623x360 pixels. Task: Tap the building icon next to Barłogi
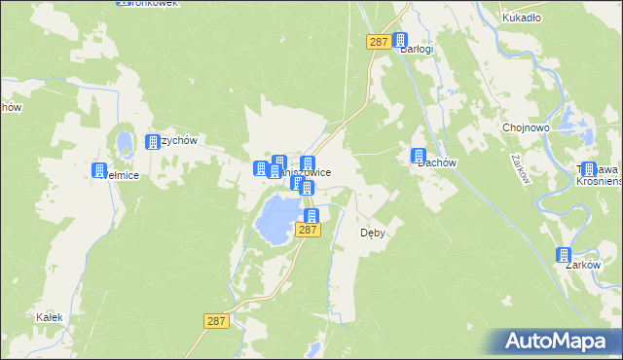tap(399, 41)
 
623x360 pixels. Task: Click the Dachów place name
tap(438, 162)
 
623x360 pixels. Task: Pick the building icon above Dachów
tap(419, 155)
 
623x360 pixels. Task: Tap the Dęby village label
tap(375, 233)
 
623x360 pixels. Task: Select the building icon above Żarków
tap(564, 255)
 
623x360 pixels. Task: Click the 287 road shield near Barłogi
tap(379, 42)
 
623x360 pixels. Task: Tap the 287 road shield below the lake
tap(307, 230)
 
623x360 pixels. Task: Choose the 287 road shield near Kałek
tap(217, 320)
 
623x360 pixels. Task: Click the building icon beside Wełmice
tap(98, 171)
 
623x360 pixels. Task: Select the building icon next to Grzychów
tap(153, 142)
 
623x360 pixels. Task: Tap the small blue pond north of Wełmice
tap(125, 144)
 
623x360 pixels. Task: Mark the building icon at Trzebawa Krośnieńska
tap(588, 169)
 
